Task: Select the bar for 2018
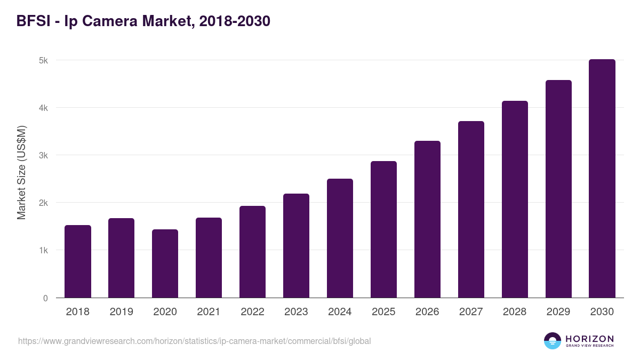pos(78,261)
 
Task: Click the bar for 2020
pos(165,263)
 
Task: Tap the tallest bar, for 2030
pos(602,179)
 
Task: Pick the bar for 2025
pos(383,229)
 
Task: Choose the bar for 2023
pos(296,245)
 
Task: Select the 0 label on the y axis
pos(45,298)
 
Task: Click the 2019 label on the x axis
pos(122,312)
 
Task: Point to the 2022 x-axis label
pos(252,312)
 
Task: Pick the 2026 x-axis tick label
pos(427,312)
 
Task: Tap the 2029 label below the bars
pos(558,312)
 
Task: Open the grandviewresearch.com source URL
pos(194,341)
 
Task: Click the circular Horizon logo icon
pos(553,341)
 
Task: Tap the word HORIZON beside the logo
pos(589,339)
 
